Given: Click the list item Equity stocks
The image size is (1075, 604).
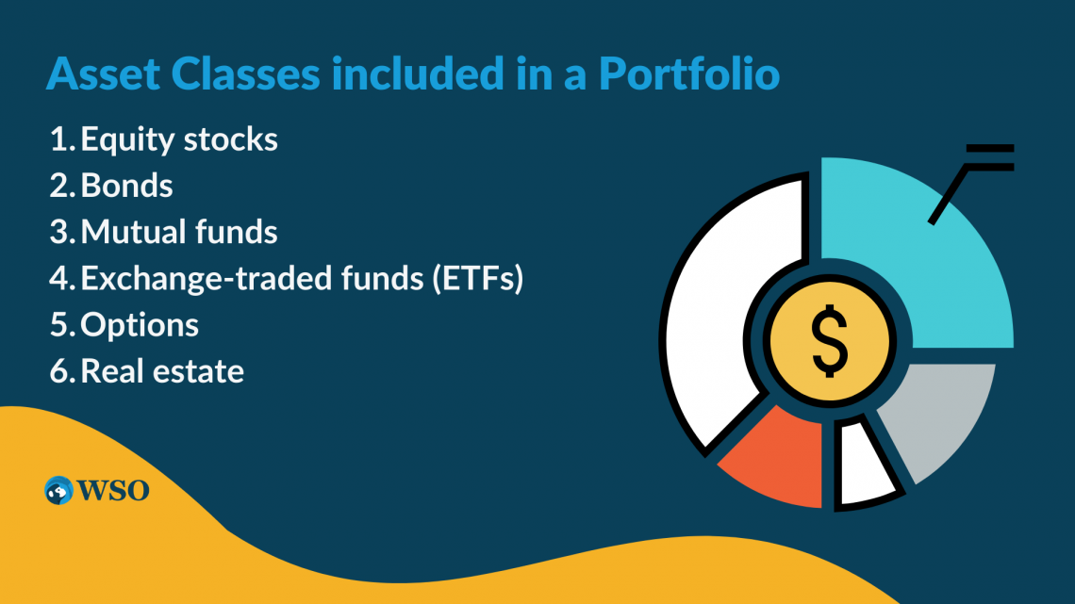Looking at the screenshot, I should click(179, 139).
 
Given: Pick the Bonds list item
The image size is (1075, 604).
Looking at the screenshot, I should click(127, 186).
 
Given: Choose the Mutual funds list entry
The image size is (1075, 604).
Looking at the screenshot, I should click(179, 232).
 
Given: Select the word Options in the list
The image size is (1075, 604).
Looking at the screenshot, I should click(140, 325).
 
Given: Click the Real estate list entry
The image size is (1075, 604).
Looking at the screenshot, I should click(162, 371).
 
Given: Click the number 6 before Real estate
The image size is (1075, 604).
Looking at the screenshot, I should click(59, 371).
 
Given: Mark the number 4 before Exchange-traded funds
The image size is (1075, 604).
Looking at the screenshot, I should click(59, 279).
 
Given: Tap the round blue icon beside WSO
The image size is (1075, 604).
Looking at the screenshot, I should click(58, 490).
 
